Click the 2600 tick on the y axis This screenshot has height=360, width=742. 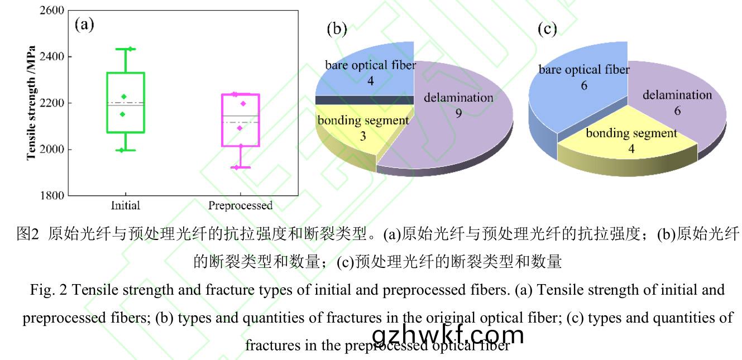tap(53, 11)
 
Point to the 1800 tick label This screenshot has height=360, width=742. tap(53, 196)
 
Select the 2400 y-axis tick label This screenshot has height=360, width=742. tap(53, 57)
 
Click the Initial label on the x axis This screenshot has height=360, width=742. tap(126, 205)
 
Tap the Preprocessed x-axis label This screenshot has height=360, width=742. tap(240, 205)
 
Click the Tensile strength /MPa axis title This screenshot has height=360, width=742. tap(32, 103)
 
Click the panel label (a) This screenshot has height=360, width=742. tap(84, 26)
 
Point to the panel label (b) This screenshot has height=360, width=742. tap(337, 29)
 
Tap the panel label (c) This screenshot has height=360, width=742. tap(547, 29)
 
